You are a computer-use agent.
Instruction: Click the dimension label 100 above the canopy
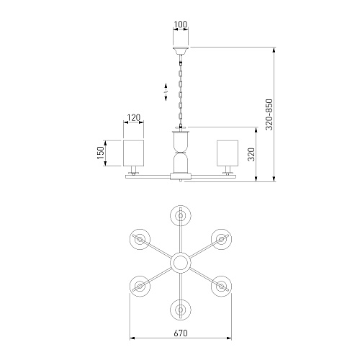coord(181,24)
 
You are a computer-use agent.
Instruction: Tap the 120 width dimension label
coord(133,117)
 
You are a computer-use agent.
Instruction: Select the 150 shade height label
coord(101,153)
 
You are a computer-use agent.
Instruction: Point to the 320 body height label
coord(251,154)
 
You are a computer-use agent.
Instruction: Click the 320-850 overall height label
coord(269,114)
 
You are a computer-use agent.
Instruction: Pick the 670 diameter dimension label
coord(181,333)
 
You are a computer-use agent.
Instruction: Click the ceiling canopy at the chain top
coord(181,51)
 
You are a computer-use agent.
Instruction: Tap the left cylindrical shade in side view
coord(133,153)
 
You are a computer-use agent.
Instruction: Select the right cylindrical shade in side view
coord(228,153)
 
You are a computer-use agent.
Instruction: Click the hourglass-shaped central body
coord(181,153)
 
